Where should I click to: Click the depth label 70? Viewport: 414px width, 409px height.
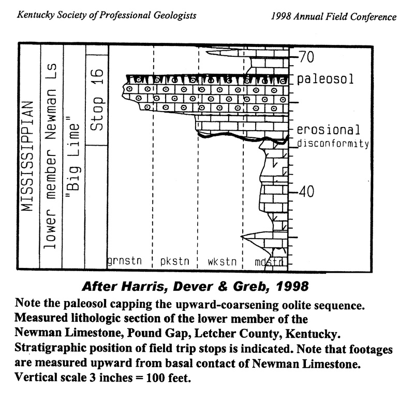[306, 57]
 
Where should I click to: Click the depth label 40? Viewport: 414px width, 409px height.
[306, 192]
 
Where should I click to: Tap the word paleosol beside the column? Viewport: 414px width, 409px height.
[325, 79]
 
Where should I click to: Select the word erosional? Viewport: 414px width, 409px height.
[328, 130]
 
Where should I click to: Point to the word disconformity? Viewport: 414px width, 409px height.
[333, 144]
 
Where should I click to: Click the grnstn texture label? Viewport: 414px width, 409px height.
[124, 261]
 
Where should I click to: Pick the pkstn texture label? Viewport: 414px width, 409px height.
[175, 261]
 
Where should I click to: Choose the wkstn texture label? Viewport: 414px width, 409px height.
[222, 262]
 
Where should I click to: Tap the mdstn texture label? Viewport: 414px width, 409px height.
[269, 262]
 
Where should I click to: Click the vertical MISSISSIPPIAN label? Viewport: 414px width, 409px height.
[27, 156]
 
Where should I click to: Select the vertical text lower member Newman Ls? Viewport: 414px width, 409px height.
[50, 156]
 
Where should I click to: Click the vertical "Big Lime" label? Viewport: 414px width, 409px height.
[72, 158]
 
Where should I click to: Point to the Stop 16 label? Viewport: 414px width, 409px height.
[97, 100]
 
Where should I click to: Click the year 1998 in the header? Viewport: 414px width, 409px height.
[281, 17]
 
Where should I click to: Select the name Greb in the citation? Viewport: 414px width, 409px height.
[252, 287]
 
